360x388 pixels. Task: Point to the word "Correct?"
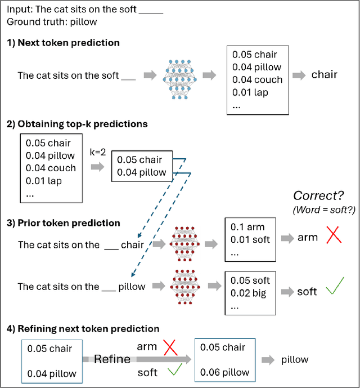318,196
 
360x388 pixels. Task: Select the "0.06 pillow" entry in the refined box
224,373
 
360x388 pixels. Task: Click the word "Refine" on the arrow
113,359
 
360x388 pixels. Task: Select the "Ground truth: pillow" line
52,22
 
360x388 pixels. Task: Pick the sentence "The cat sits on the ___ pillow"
82,287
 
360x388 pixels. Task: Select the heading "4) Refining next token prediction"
83,328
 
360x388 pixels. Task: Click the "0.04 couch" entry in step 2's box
51,168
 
